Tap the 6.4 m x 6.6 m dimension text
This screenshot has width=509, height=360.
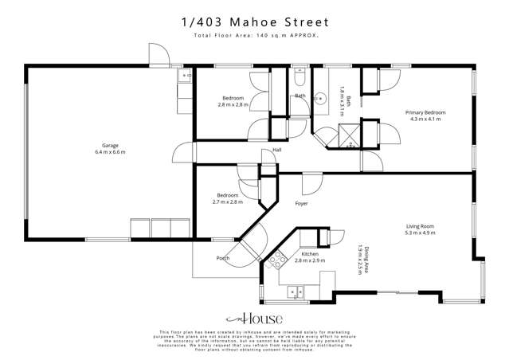109,153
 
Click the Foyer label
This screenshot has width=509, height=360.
301,204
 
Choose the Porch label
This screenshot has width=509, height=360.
223,258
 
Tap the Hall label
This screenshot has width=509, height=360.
277,149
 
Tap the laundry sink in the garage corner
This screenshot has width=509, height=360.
184,77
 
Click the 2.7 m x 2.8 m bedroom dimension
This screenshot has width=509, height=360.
229,202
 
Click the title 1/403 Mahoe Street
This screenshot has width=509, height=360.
255,24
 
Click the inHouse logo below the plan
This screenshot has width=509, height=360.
254,319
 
